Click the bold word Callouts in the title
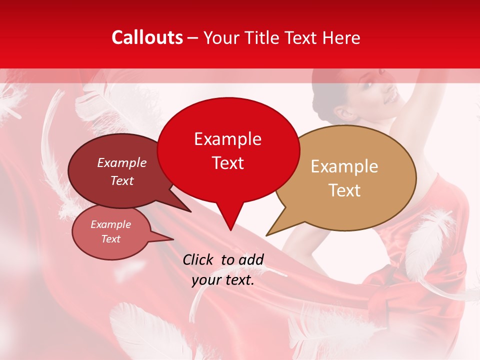147,37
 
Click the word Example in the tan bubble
344,166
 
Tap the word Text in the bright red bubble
228,163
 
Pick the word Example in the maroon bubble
122,162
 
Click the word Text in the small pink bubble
111,239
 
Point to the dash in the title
193,38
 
